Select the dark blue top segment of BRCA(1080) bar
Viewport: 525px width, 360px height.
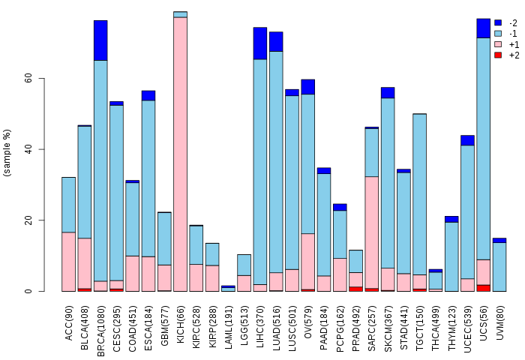click(x=100, y=40)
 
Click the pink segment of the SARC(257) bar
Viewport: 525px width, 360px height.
click(x=371, y=232)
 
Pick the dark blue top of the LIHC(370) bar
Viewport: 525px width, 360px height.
click(x=260, y=43)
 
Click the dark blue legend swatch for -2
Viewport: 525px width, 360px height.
click(x=498, y=22)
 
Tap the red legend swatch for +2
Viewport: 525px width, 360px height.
click(x=498, y=55)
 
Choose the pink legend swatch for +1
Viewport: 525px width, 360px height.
click(x=498, y=44)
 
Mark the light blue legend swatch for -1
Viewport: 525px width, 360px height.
click(x=498, y=33)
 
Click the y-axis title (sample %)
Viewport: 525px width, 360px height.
click(x=8, y=153)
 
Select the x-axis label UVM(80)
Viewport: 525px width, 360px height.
click(x=500, y=320)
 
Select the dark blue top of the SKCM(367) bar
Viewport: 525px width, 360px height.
click(x=388, y=93)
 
